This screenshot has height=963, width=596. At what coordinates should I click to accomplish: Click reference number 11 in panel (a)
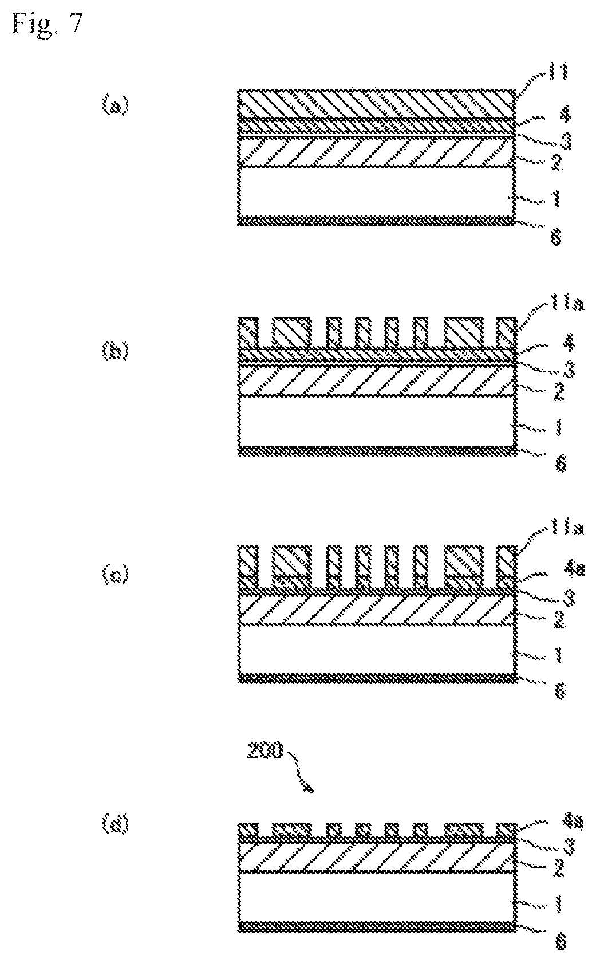pyautogui.click(x=555, y=73)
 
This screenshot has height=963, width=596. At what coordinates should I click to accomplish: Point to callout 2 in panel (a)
pyautogui.click(x=555, y=164)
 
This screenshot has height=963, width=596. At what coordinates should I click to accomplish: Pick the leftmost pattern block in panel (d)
pyautogui.click(x=248, y=829)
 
